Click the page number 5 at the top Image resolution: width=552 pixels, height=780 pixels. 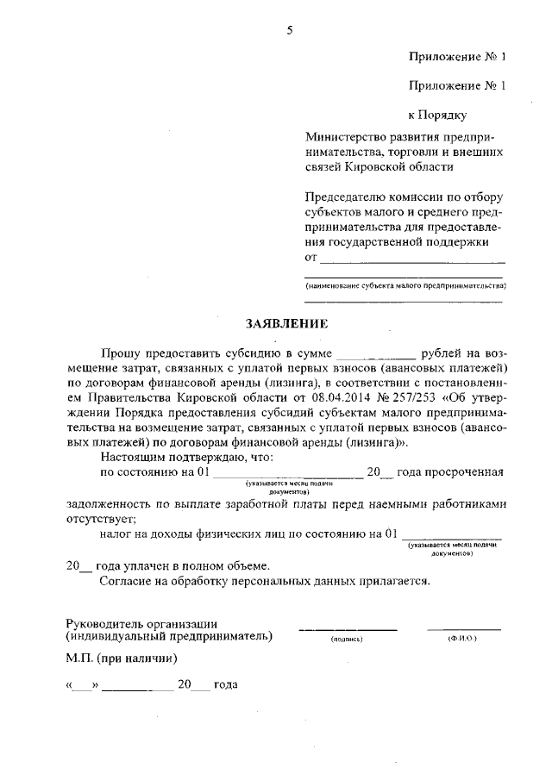(x=290, y=30)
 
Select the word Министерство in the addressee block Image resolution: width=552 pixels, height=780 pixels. (x=345, y=137)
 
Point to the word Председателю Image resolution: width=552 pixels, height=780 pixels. (x=347, y=197)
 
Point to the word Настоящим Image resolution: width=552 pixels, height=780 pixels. (x=133, y=457)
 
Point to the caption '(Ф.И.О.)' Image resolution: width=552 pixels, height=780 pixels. (x=462, y=640)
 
